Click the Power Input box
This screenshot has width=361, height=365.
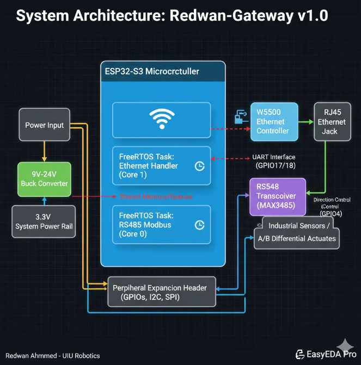coord(45,125)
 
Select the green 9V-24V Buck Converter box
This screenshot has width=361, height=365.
coord(45,179)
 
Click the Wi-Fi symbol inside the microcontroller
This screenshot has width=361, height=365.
coord(161,120)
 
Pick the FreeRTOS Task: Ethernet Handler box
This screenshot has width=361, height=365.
coord(161,165)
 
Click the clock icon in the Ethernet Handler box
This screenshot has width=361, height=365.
coord(199,166)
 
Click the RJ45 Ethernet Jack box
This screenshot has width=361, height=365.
coord(332,122)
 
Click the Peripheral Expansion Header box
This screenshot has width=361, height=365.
coord(161,292)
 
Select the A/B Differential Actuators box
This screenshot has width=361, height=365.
coord(297,238)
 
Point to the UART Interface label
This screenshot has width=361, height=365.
coord(274,157)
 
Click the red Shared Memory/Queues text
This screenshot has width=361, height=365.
coord(156,196)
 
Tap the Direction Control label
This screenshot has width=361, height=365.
coord(332,200)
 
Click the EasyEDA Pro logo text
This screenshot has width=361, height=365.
coord(325,355)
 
